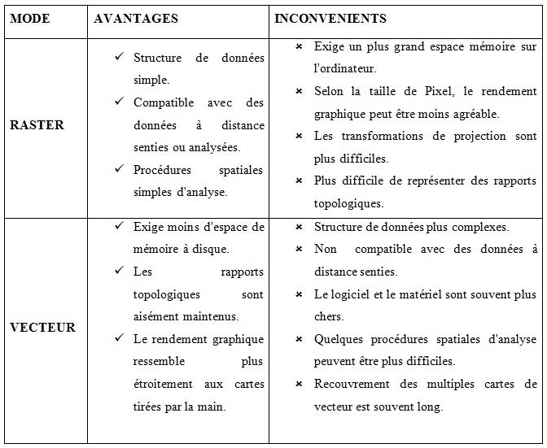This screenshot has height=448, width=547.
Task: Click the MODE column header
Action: click(30, 18)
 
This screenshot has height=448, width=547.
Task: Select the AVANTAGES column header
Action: click(136, 18)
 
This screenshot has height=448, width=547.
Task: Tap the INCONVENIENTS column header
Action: click(330, 18)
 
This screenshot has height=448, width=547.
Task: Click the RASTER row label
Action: click(37, 125)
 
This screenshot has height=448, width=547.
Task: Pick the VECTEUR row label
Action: click(42, 328)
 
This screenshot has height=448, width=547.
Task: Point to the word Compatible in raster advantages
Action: click(164, 102)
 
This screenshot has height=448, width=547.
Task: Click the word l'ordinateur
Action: click(345, 69)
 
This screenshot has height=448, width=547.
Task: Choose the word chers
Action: click(329, 316)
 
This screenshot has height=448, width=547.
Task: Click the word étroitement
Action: click(164, 383)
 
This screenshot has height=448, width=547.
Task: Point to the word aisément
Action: click(157, 316)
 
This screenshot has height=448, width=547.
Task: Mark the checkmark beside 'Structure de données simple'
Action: click(119, 58)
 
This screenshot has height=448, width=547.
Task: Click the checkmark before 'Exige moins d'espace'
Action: click(119, 226)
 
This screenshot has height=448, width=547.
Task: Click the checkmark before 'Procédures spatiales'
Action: click(119, 169)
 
